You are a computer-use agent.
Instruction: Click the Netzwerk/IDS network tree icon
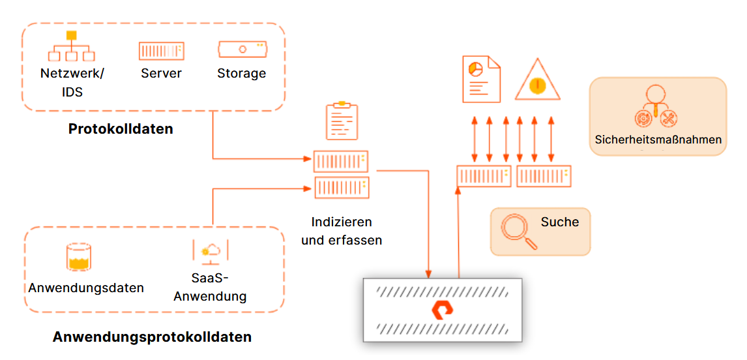tap(72, 47)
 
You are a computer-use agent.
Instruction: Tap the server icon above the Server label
tap(161, 51)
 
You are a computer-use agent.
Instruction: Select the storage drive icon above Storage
tap(242, 49)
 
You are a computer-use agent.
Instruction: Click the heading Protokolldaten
tap(121, 129)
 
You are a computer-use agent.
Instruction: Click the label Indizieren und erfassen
tap(342, 231)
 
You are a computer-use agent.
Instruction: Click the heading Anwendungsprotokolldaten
tap(152, 337)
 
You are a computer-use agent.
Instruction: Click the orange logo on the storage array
tap(443, 310)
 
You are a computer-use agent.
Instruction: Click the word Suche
tap(559, 222)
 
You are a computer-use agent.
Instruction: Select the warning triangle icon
tap(537, 81)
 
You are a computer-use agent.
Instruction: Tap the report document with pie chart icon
tap(481, 79)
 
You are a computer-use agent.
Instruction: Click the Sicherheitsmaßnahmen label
tap(658, 140)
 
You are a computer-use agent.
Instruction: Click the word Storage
tap(242, 73)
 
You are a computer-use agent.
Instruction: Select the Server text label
tap(161, 73)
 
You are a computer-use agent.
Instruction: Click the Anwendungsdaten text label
tap(86, 288)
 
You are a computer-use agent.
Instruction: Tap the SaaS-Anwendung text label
tap(209, 288)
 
